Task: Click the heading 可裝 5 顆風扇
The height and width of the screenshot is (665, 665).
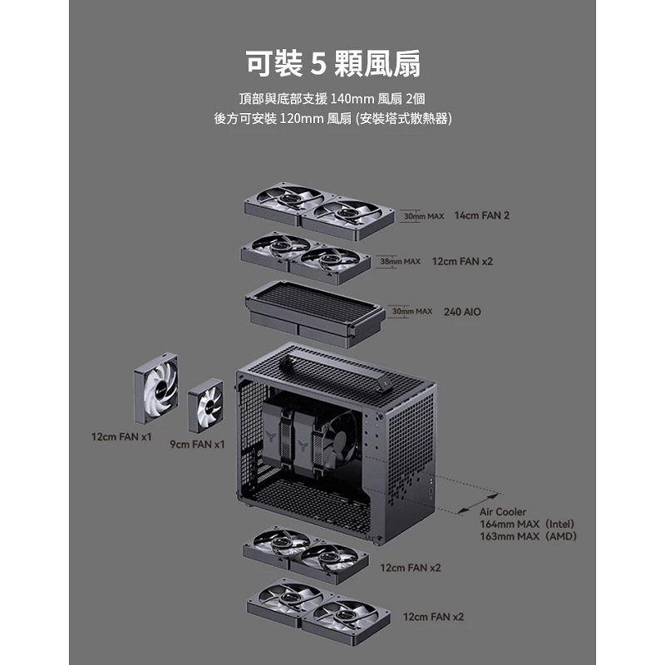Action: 332,62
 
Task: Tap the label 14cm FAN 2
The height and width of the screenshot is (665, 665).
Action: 482,215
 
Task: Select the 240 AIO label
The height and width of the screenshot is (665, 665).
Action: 462,312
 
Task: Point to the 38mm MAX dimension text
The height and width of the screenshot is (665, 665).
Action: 400,261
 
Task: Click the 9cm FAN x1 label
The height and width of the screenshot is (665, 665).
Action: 197,445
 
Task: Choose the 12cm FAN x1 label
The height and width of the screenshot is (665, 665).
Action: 121,436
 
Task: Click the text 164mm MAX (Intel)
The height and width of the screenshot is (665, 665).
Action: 527,525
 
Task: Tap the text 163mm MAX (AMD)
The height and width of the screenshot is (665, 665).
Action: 527,537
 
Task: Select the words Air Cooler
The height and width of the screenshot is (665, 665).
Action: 503,512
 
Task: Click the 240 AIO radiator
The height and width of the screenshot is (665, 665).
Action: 314,308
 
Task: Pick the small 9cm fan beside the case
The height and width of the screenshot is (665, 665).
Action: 205,405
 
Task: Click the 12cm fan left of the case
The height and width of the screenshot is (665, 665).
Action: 155,387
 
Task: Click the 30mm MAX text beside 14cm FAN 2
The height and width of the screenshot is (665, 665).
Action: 423,216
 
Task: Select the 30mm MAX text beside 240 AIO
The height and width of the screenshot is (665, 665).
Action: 412,311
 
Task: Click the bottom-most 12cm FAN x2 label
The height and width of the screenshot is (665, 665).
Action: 433,617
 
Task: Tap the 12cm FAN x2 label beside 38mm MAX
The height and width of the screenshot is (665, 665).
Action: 462,261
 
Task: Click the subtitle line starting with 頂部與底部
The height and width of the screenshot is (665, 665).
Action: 332,98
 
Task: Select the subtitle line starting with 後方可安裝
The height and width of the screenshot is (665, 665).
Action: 332,119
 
